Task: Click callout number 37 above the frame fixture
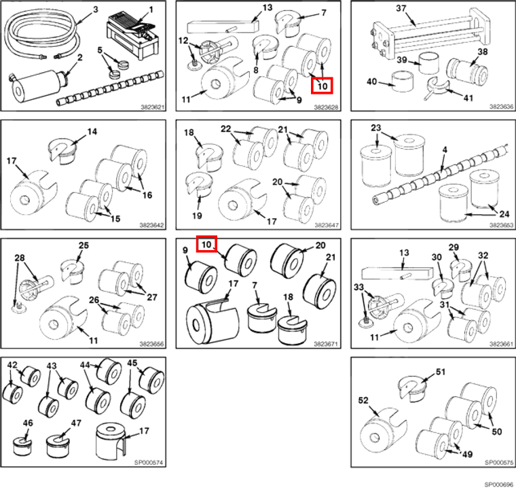point(401,8)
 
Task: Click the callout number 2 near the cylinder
point(79,58)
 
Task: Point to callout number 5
point(100,50)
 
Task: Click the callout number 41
point(468,98)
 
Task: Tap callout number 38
point(482,52)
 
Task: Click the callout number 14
point(92,131)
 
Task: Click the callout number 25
point(84,245)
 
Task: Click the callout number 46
point(27,423)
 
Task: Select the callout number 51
point(440,372)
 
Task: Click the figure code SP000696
point(499,485)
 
